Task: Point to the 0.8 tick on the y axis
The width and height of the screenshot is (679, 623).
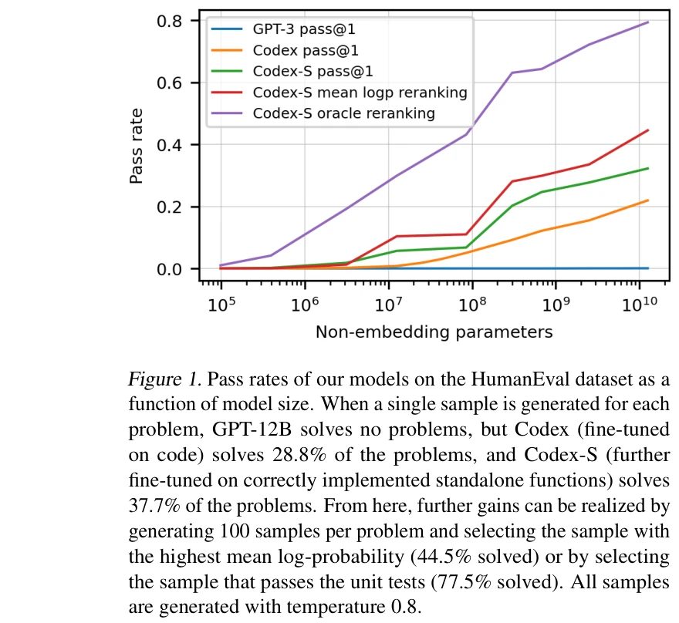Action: click(171, 21)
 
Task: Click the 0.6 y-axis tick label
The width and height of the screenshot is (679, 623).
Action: click(171, 83)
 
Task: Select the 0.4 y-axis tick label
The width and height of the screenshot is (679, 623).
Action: click(171, 145)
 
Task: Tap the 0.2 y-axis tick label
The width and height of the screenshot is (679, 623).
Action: click(171, 207)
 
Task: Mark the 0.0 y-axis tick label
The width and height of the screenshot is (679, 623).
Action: click(171, 269)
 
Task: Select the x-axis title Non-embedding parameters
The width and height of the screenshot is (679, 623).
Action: click(434, 332)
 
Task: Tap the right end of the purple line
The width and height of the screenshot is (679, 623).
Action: click(648, 22)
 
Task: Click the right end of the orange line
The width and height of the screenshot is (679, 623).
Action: click(648, 200)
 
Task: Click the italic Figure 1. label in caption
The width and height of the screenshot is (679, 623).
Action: click(162, 380)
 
